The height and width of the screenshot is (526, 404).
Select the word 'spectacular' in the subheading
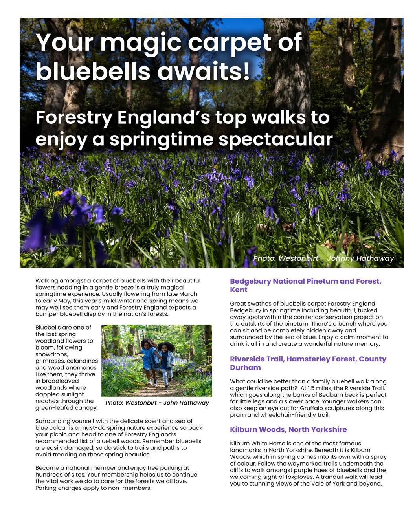(x=275, y=139)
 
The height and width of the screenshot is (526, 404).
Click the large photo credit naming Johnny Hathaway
(x=323, y=258)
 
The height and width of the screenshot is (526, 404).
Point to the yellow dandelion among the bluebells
(x=58, y=193)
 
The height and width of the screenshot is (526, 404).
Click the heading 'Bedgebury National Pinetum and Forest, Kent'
(x=305, y=286)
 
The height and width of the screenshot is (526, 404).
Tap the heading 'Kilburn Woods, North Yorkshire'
(x=288, y=429)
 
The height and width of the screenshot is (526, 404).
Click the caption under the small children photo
(x=157, y=403)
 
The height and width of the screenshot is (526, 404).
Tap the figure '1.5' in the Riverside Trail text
(x=314, y=388)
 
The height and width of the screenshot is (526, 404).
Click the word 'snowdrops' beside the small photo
(x=51, y=354)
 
